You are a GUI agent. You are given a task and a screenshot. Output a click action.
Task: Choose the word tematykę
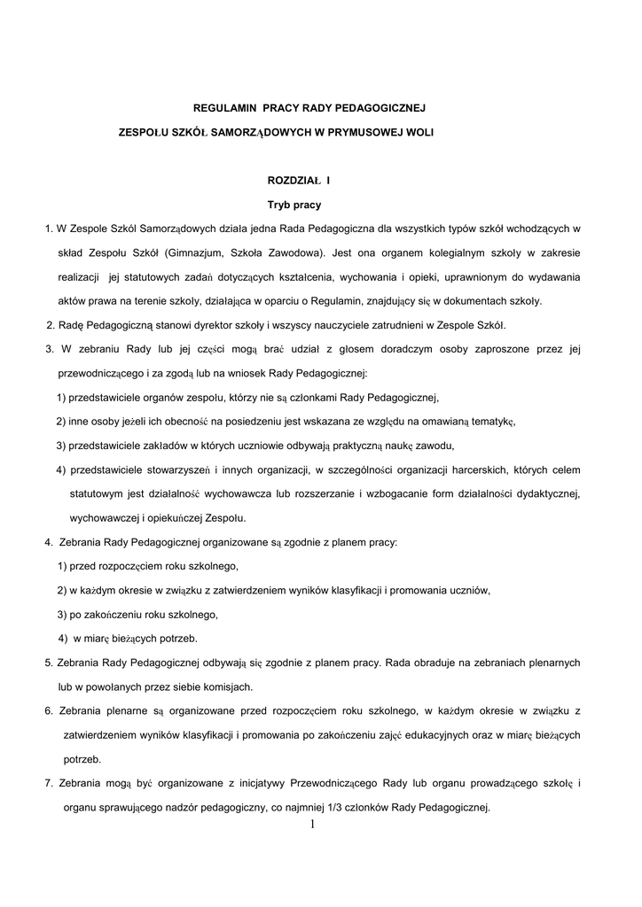491,421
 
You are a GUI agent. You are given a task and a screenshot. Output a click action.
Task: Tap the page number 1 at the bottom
313,825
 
